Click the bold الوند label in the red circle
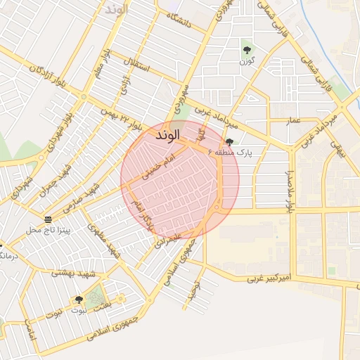[x=166, y=134]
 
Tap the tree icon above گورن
[x=247, y=49]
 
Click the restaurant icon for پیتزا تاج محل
[x=47, y=218]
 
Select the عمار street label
[x=294, y=121]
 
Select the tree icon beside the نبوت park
[x=79, y=300]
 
